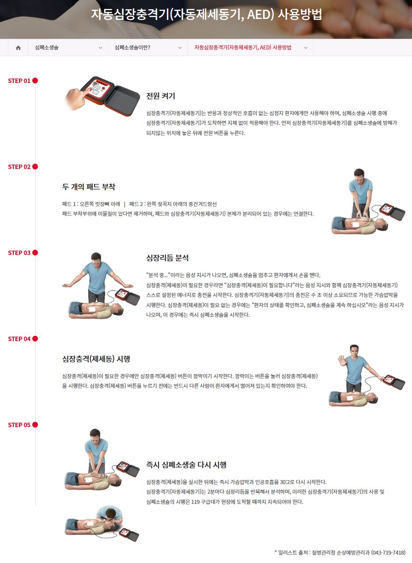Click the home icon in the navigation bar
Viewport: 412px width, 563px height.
(18, 48)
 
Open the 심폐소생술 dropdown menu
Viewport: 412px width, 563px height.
(68, 48)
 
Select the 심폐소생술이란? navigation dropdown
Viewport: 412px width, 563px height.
(148, 48)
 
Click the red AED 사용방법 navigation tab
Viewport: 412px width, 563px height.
(250, 48)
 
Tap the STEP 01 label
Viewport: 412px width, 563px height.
(19, 81)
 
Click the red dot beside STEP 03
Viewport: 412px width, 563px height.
(35, 253)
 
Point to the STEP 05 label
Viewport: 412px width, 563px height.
(19, 425)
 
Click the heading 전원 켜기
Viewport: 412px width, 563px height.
(161, 96)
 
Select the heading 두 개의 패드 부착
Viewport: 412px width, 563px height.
(89, 187)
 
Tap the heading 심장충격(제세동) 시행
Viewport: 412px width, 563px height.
(96, 359)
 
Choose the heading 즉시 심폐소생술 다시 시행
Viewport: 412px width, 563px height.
(186, 465)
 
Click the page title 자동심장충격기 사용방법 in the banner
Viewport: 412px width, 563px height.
(206, 15)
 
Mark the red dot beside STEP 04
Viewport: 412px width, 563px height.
(35, 339)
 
